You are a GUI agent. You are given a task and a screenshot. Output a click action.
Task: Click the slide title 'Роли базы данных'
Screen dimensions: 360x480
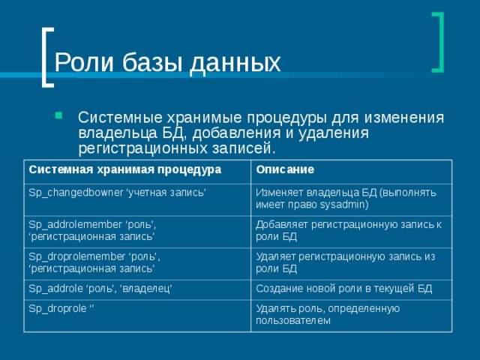point(168,63)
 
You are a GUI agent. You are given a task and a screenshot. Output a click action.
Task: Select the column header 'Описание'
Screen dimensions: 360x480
point(284,169)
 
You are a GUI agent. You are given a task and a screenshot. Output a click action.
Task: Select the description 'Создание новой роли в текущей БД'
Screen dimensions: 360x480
point(343,289)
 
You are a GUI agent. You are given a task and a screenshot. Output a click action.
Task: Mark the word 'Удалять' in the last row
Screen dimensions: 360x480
point(274,309)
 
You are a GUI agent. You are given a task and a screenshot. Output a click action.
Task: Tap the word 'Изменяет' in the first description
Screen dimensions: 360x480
point(279,192)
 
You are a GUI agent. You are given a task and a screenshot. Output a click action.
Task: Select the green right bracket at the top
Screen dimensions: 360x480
point(437,42)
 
